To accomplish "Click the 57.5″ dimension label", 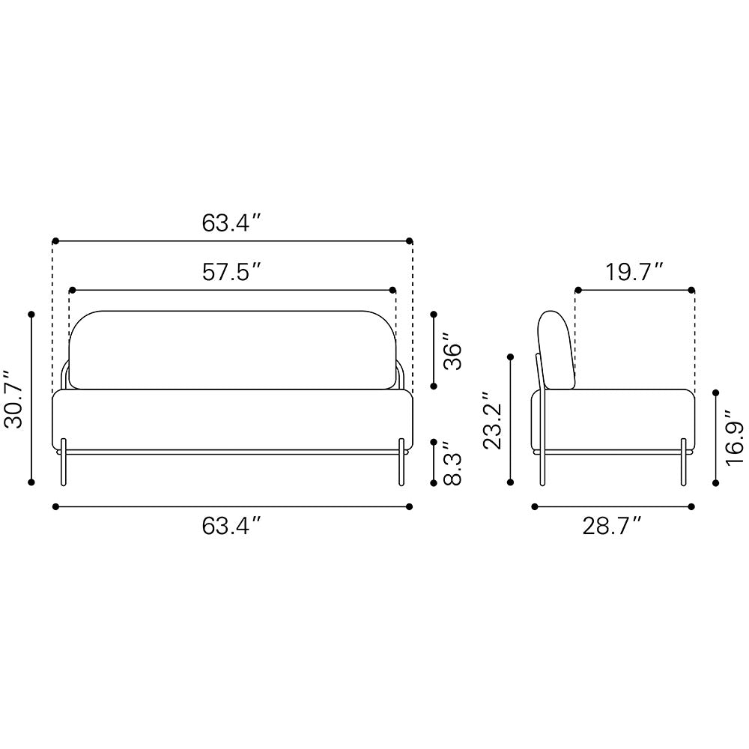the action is point(231,272).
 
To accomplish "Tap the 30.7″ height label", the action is point(13,398).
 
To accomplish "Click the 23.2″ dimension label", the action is point(492,420).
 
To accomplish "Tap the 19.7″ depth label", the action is point(634,272).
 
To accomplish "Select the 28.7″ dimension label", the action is point(611,527).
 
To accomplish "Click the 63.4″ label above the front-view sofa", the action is point(231,222).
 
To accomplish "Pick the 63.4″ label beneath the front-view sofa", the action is point(231,527).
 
